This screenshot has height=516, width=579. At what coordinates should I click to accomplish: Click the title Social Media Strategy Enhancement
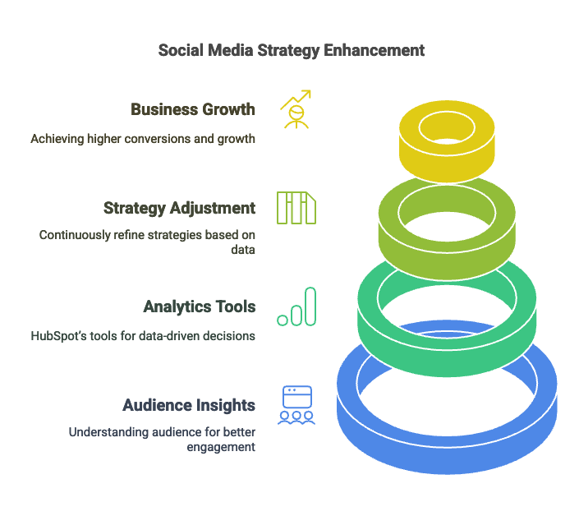[x=292, y=51]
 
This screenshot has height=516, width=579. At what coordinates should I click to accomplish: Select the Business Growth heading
[x=193, y=109]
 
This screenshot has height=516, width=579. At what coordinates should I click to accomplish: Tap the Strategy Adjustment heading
[x=179, y=209]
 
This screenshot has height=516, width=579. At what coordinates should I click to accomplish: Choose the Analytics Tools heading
[x=200, y=306]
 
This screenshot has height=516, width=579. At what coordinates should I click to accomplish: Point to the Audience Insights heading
[x=189, y=406]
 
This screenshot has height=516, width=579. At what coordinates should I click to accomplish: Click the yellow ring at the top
[x=447, y=163]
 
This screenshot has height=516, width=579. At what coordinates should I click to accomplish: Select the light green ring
[x=447, y=259]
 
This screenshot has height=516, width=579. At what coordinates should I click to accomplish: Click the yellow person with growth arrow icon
[x=296, y=109]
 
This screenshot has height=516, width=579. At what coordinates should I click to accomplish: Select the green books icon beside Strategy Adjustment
[x=296, y=208]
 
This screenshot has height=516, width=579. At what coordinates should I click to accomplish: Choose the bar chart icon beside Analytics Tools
[x=296, y=306]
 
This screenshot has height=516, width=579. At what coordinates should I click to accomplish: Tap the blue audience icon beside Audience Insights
[x=296, y=405]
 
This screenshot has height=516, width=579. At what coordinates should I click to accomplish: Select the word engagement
[x=221, y=448]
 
